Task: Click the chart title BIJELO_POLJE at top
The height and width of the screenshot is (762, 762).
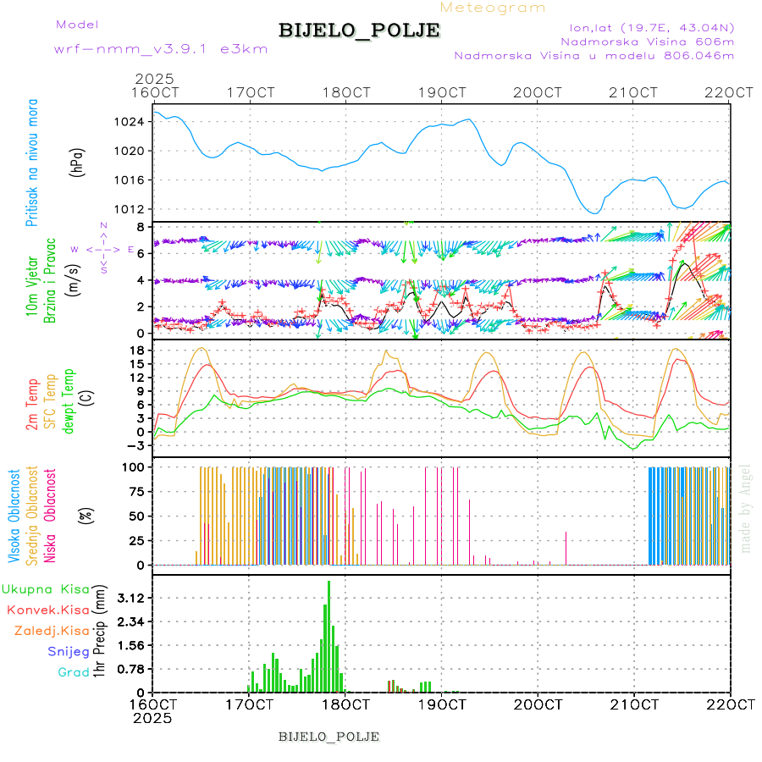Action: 359,30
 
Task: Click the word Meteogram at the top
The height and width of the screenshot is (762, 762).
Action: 493,8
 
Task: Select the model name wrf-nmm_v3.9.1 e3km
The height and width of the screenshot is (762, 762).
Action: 160,49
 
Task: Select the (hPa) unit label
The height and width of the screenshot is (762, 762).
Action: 78,162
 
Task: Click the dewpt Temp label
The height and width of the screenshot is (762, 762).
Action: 69,400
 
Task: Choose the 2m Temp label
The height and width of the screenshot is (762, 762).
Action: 32,405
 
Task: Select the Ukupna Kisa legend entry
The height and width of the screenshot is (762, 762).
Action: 47,588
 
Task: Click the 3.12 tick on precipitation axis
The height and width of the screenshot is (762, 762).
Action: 130,598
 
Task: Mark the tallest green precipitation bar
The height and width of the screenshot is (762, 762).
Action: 329,637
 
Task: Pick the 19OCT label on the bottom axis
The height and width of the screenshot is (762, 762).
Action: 442,704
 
